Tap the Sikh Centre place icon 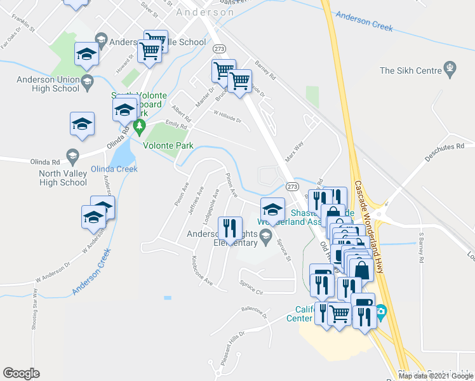point(451,67)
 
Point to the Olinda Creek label point(114,169)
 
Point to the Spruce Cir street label point(251,291)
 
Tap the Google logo point(21,373)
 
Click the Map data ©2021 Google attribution point(435,376)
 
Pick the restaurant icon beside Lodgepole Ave point(229,227)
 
